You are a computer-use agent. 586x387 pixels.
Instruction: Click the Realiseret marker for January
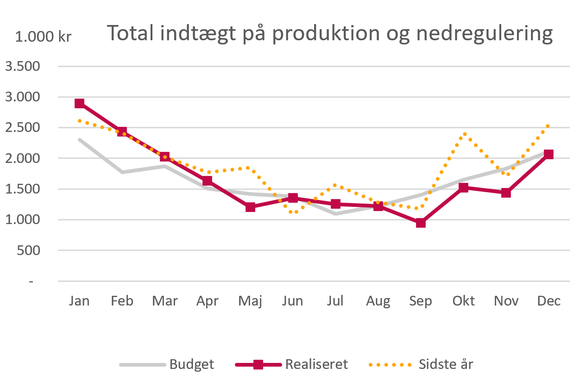[x=80, y=103]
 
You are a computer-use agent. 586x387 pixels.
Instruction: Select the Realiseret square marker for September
[x=421, y=223]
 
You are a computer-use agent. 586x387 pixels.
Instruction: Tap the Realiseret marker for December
[x=548, y=154]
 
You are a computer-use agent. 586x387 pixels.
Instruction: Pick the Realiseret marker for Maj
[x=250, y=207]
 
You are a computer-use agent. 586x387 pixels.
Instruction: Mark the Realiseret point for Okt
[x=463, y=187]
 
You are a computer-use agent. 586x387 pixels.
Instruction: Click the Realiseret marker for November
[x=506, y=193]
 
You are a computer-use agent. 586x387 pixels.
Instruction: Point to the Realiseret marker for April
[x=208, y=181]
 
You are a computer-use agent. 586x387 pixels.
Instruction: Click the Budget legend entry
[x=191, y=364]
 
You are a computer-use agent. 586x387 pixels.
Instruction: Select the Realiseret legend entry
[x=316, y=364]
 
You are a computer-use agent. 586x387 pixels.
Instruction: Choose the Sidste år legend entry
[x=446, y=364]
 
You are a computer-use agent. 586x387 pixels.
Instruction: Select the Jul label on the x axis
[x=335, y=301]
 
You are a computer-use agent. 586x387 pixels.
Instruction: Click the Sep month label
[x=421, y=301]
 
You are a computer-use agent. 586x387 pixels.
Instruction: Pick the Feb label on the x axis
[x=122, y=301]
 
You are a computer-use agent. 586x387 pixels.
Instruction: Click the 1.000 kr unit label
[x=44, y=37]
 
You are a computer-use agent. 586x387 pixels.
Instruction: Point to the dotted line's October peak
[x=464, y=134]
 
